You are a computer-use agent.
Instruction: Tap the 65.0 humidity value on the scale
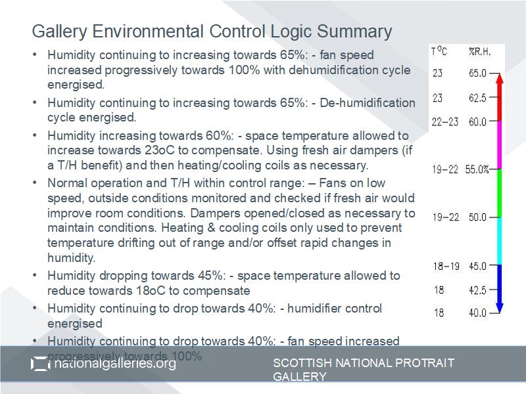click(477, 74)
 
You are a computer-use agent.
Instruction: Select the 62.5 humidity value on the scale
click(477, 98)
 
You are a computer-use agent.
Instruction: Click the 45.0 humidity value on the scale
click(477, 266)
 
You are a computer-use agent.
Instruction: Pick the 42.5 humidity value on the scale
click(477, 290)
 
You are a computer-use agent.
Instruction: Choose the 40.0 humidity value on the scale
click(477, 313)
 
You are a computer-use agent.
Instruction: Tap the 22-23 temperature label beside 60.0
click(445, 122)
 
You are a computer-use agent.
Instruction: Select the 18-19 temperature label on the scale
click(446, 266)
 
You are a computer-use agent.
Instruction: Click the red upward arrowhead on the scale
click(499, 78)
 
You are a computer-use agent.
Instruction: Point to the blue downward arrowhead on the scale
click(499, 307)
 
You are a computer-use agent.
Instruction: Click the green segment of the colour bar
click(499, 193)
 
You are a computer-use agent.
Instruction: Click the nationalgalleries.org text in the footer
click(115, 363)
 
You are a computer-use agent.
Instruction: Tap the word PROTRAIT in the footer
click(421, 362)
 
